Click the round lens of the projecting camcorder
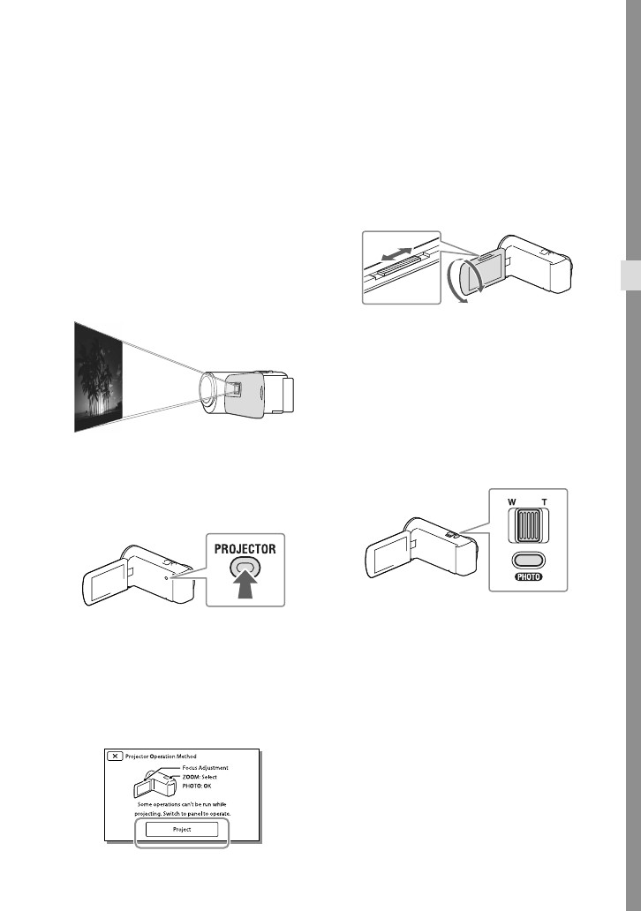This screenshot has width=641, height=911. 212,388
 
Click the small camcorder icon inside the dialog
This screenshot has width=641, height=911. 150,781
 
